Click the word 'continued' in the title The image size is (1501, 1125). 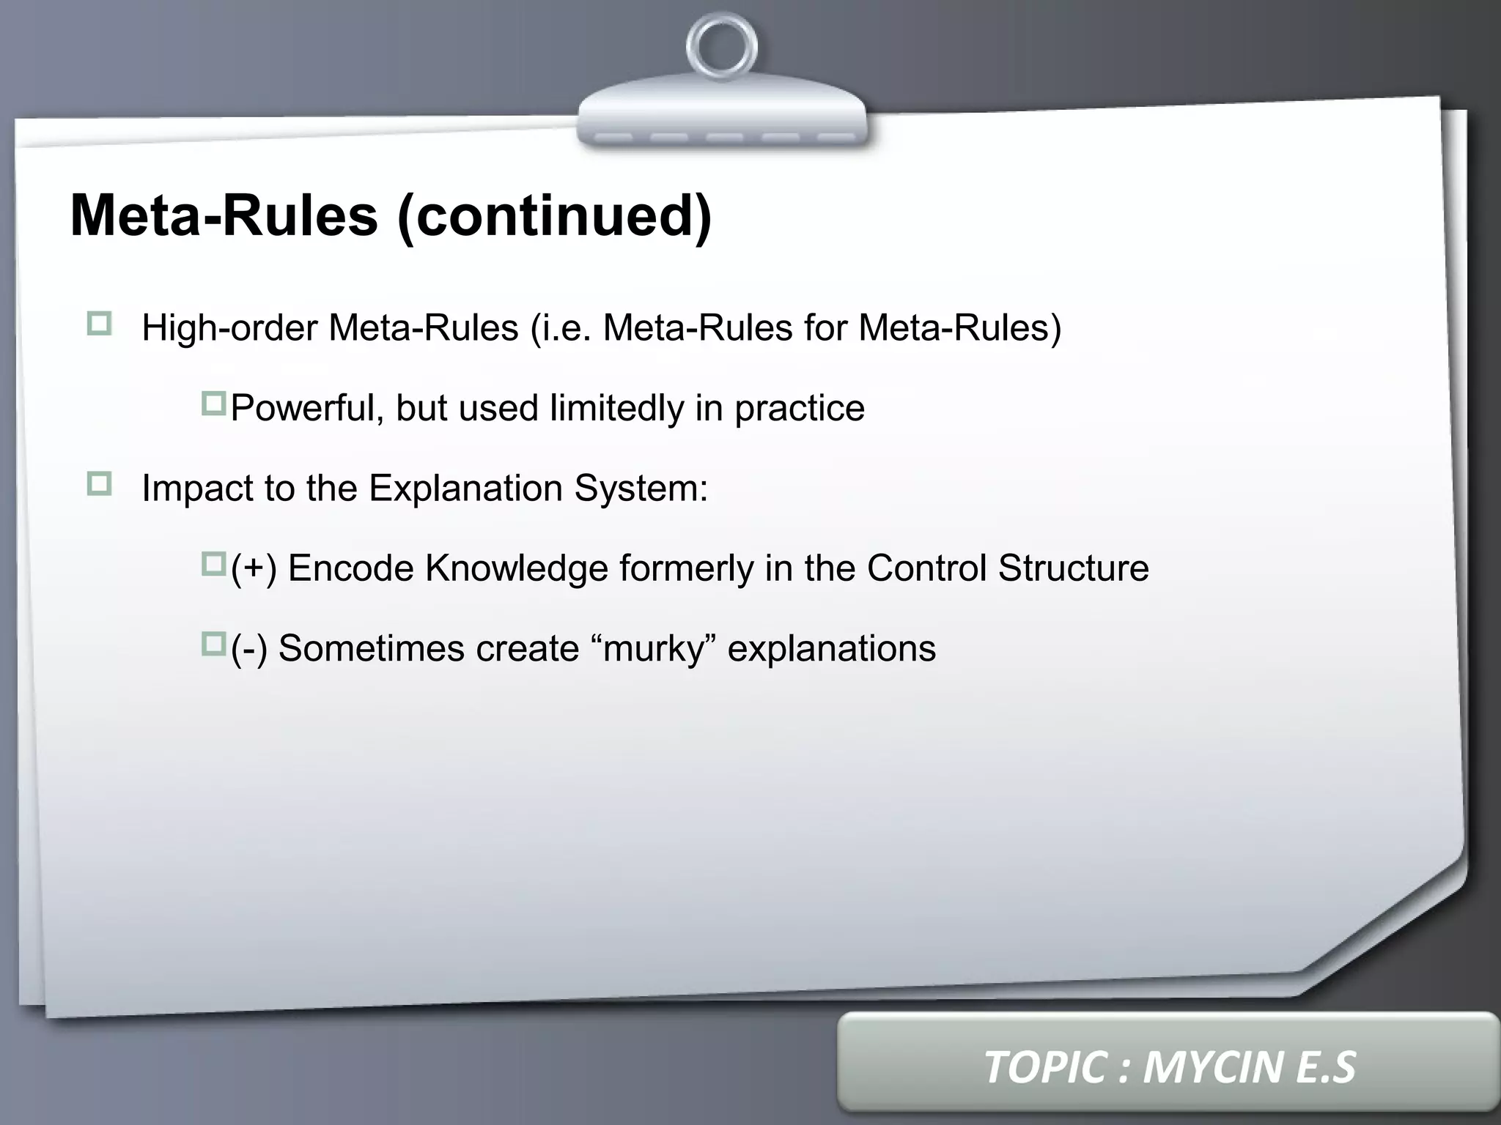553,216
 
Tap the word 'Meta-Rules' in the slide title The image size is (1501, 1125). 224,216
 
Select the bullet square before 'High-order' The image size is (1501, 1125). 99,324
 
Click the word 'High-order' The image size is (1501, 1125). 229,328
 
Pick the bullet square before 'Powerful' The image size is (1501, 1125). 214,404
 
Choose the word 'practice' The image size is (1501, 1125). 800,409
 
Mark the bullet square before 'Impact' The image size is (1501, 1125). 99,484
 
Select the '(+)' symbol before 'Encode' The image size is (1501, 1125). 254,568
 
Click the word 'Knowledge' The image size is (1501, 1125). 517,568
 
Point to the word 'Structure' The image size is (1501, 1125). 1073,568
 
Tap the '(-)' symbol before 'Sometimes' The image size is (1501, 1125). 249,649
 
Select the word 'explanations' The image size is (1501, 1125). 831,649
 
